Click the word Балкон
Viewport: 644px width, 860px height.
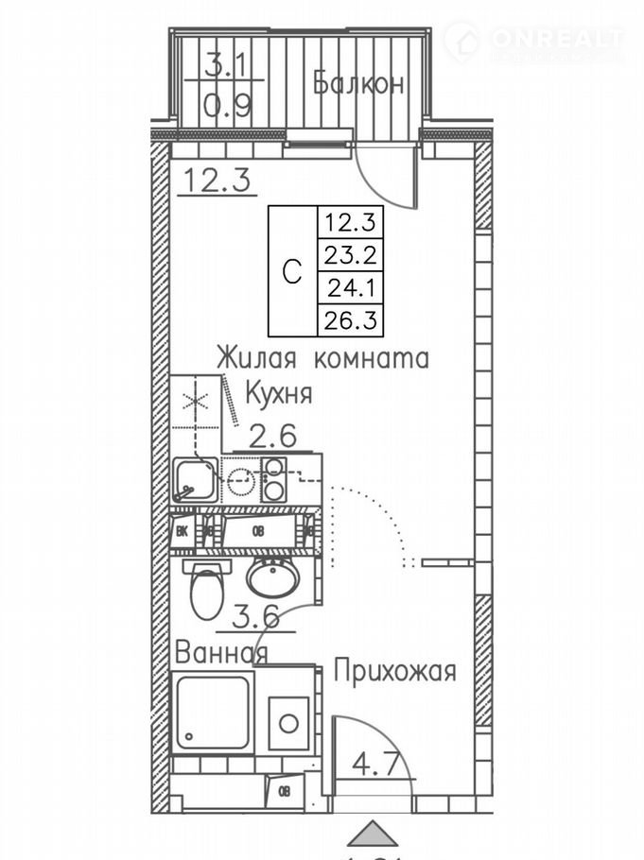(358, 83)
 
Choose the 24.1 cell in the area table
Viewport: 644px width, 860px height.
(349, 287)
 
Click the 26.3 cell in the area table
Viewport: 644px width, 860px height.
(349, 320)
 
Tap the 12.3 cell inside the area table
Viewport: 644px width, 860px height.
(349, 223)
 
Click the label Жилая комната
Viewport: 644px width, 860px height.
(322, 359)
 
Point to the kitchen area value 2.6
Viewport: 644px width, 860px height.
(272, 436)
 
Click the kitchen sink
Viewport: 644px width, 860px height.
(195, 480)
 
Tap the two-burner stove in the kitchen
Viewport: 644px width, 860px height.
(274, 479)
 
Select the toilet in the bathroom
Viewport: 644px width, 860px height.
(205, 590)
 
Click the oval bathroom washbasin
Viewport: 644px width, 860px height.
(273, 576)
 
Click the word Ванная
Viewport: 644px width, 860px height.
(221, 652)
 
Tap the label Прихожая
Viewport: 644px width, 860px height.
(394, 672)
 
